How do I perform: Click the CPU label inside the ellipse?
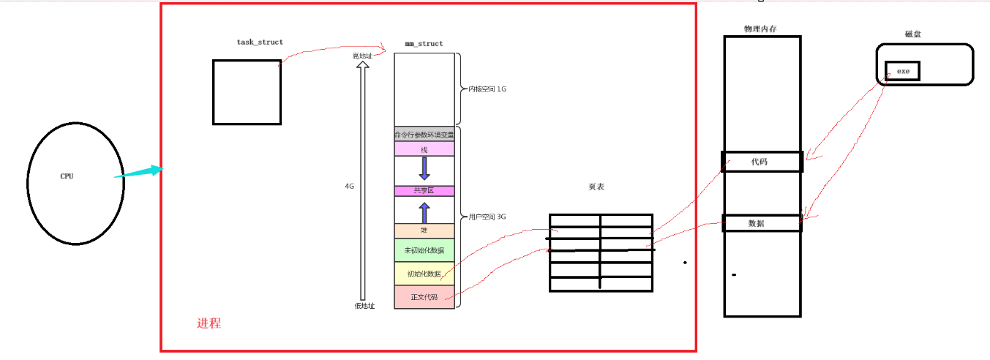click(x=67, y=176)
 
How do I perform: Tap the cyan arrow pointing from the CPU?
click(x=138, y=173)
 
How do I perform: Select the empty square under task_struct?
click(x=247, y=92)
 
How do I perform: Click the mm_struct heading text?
click(x=424, y=44)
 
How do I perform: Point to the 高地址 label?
click(x=362, y=55)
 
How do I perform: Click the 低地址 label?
click(x=363, y=306)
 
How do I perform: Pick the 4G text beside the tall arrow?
click(x=350, y=187)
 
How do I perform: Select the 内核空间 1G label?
click(x=487, y=89)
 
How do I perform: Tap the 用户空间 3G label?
click(x=487, y=217)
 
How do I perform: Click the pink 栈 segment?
click(x=424, y=149)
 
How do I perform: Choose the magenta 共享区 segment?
click(x=424, y=191)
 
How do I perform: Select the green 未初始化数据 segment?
click(x=424, y=250)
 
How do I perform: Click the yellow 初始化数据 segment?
click(x=424, y=274)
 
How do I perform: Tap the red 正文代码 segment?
click(x=424, y=297)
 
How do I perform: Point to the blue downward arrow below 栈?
click(x=424, y=168)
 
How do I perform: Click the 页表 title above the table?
click(x=596, y=187)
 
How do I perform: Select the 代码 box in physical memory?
click(x=762, y=161)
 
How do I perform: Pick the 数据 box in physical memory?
click(x=762, y=223)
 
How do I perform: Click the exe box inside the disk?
click(x=902, y=71)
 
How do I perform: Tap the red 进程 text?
click(x=209, y=323)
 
